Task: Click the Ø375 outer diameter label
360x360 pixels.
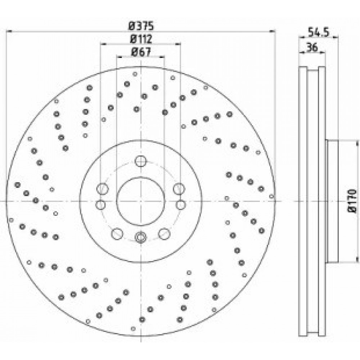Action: [141, 26]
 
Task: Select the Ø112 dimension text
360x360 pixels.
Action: [141, 39]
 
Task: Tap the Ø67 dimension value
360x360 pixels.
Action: [141, 52]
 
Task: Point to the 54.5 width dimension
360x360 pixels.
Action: [319, 32]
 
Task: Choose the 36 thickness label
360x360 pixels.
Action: [312, 47]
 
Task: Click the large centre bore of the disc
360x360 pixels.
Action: [140, 201]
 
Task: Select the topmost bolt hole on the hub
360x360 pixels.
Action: [140, 161]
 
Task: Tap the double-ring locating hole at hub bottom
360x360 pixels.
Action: [140, 237]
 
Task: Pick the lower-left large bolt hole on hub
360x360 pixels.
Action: [117, 234]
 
